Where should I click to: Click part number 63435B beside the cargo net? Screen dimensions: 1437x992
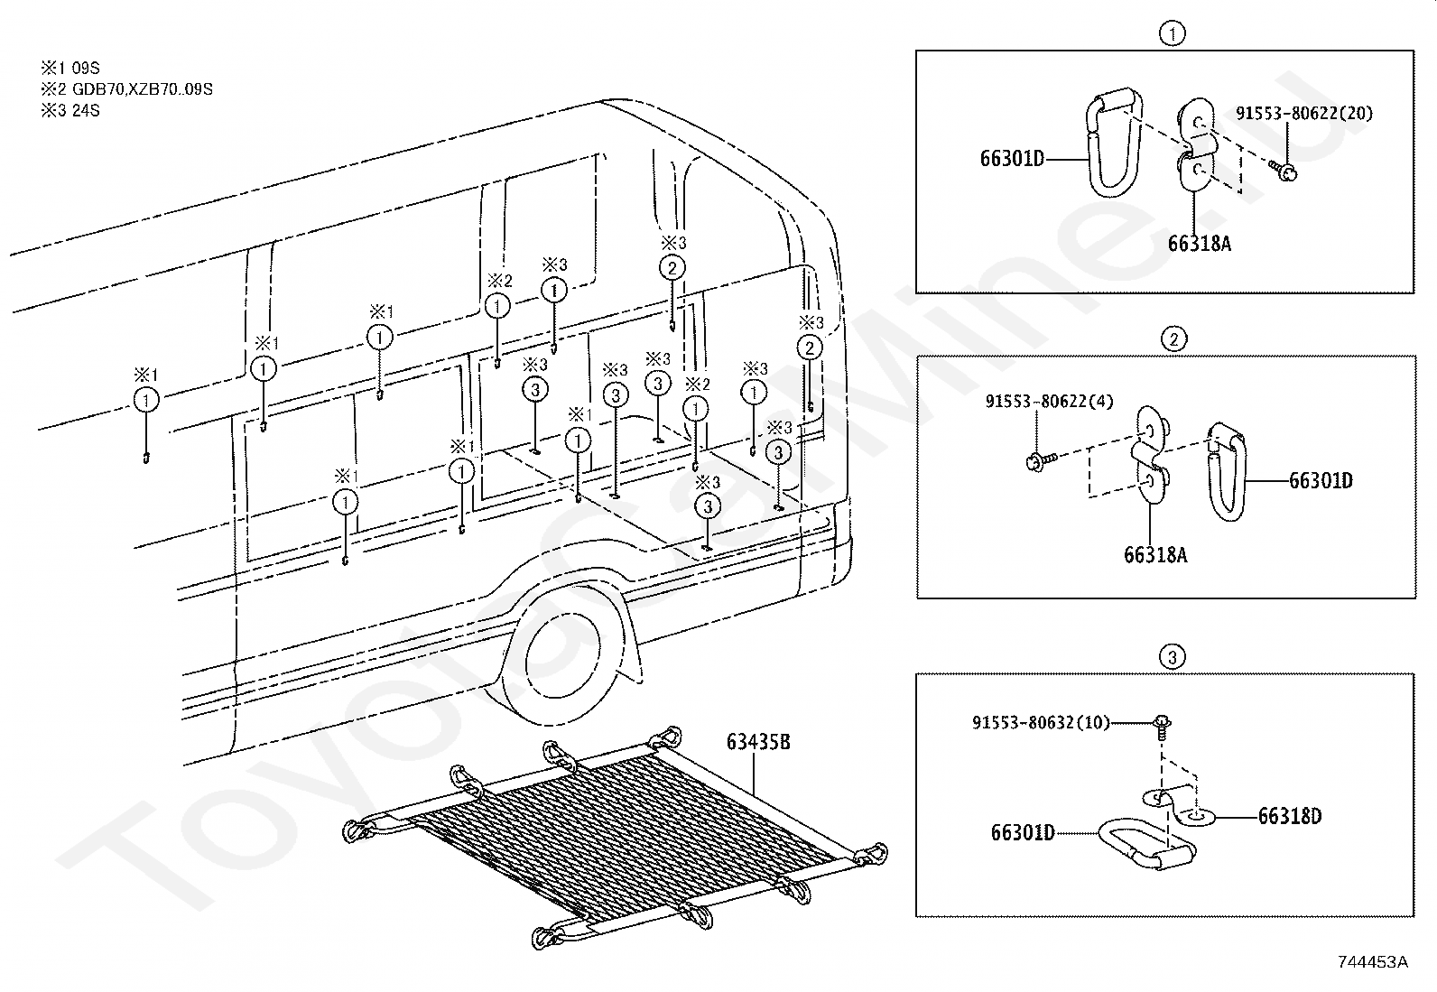758,742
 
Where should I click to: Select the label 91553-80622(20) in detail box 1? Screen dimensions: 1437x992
1304,113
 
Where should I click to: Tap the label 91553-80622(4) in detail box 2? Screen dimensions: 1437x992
1050,402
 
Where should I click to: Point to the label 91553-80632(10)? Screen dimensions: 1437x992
1041,722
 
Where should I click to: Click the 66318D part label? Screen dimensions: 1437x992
1290,816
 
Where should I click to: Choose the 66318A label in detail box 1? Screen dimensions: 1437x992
1199,244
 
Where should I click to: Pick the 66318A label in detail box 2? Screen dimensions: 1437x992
1155,555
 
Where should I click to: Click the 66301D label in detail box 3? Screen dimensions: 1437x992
1023,833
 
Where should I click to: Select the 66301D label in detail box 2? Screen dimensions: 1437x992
1321,480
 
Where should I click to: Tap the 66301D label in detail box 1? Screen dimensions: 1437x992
1013,159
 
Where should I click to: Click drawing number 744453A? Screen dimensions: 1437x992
1373,962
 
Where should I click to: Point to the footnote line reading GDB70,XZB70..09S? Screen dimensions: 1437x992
127,89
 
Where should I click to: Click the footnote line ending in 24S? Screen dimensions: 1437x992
70,110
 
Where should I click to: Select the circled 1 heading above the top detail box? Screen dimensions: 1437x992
1173,33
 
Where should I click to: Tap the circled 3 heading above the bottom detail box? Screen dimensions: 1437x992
1173,657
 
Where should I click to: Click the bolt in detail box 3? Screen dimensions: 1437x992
1162,728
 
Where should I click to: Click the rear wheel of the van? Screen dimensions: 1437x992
557,661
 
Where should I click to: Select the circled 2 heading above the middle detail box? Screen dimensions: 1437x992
1174,338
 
